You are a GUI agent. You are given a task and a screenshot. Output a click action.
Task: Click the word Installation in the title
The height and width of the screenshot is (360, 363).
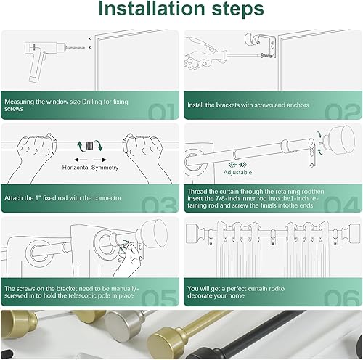(152, 9)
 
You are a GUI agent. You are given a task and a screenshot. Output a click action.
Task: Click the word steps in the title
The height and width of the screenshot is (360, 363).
(238, 9)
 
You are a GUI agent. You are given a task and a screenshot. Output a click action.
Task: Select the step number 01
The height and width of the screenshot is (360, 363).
(161, 112)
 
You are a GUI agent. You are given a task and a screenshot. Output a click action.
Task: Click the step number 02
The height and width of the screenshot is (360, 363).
(343, 112)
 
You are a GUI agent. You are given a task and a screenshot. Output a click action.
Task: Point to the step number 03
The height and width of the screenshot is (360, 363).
(159, 204)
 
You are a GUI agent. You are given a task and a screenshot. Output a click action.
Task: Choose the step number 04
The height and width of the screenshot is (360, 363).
(341, 204)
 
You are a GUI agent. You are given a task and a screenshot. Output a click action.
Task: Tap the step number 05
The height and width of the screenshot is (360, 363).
(159, 298)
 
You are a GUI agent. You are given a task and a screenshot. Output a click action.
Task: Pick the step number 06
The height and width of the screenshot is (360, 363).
(342, 298)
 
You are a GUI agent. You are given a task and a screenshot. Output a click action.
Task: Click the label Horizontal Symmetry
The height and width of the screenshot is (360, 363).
(90, 168)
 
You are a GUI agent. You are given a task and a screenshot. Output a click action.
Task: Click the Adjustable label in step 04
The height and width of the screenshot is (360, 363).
(237, 172)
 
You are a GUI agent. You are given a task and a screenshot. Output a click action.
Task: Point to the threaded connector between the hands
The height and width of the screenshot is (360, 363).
(90, 146)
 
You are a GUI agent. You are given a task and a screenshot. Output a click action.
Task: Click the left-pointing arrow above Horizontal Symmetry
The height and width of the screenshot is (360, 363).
(81, 160)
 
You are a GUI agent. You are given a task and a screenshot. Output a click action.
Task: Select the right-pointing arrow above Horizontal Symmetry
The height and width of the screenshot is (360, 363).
(99, 160)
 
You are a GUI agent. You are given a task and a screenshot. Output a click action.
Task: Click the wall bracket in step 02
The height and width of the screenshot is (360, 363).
(261, 46)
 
